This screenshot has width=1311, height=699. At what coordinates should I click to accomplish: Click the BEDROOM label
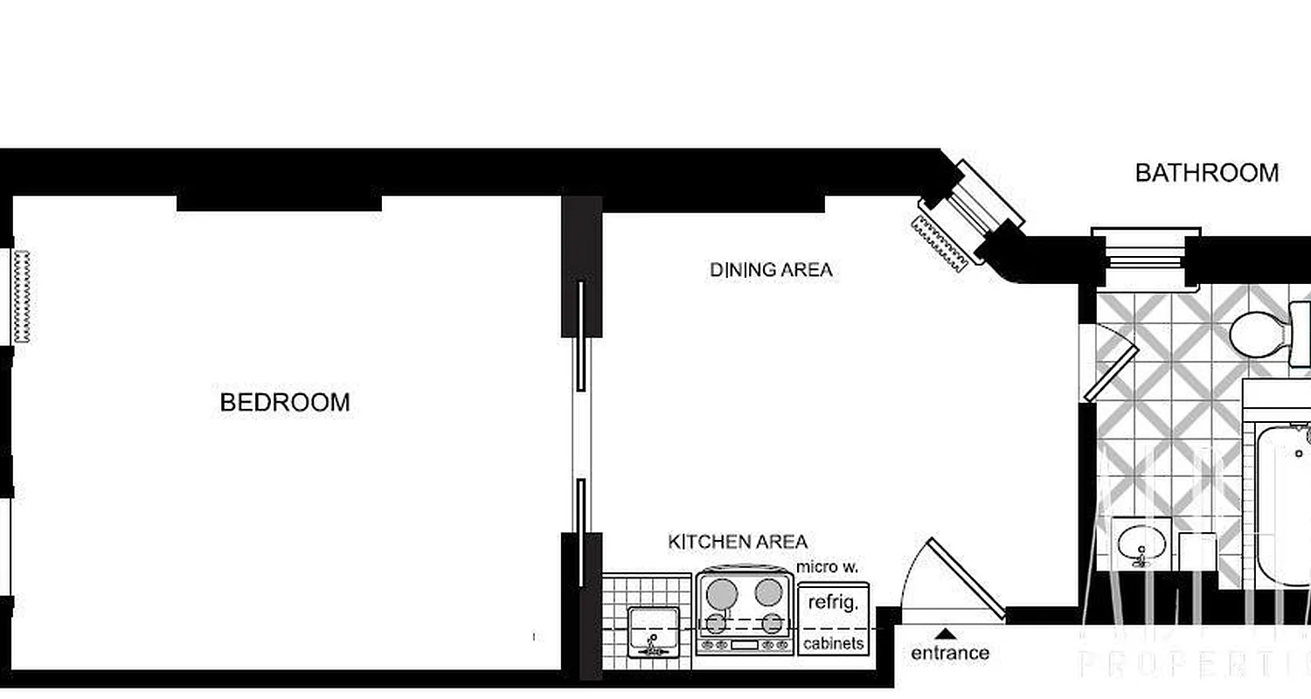285,403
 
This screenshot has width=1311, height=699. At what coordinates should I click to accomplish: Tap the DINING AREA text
771,270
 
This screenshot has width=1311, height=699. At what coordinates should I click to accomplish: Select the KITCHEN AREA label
738,542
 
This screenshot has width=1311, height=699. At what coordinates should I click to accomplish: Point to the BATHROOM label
1206,173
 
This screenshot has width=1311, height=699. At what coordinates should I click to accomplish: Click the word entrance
950,653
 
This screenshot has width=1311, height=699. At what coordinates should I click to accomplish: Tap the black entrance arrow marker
945,634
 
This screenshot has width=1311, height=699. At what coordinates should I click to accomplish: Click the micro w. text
827,568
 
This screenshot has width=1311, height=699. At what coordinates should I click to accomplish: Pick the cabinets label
834,644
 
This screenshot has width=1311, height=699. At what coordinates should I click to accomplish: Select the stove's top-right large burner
768,592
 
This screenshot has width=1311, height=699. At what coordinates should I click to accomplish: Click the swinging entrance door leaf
968,578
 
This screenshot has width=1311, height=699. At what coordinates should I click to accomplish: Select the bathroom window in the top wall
1146,256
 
